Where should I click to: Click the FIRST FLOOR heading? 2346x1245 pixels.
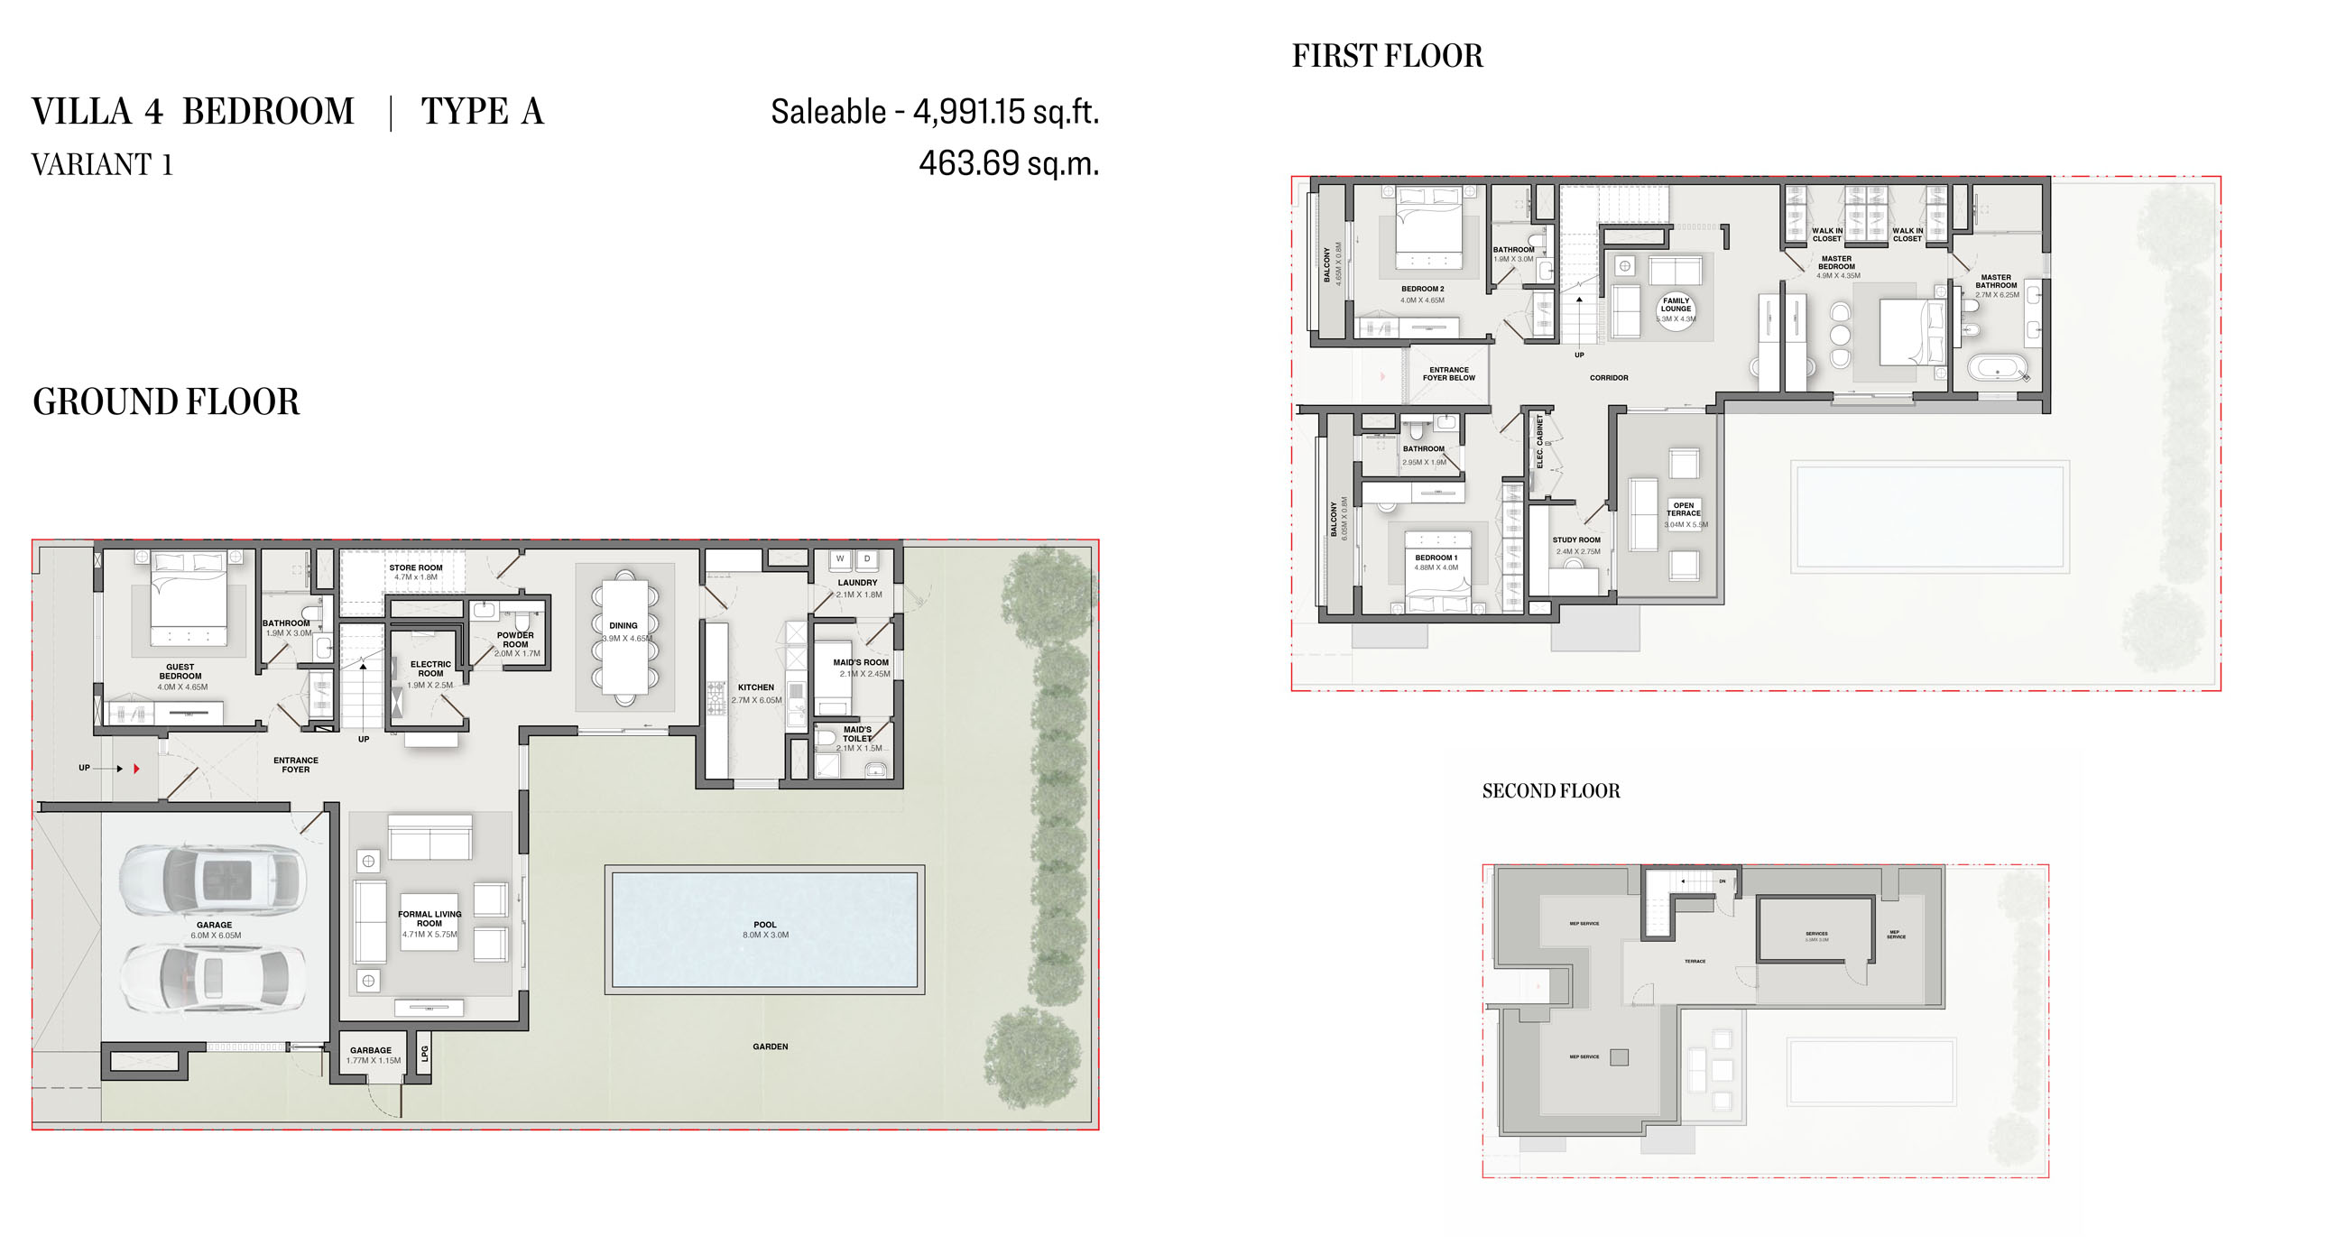pos(1387,57)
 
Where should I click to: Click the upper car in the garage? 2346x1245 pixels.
pos(212,880)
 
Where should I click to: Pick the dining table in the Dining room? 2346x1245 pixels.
pos(624,638)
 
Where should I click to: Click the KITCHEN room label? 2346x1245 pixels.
pos(756,688)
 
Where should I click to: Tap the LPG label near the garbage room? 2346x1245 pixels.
pos(424,1054)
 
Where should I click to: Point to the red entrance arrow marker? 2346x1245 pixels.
pos(136,769)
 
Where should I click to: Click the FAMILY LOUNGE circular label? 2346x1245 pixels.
pos(1676,309)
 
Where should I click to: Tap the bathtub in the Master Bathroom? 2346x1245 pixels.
pos(1998,370)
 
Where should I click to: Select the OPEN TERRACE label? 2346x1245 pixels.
pos(1683,510)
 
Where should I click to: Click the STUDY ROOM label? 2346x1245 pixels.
pos(1576,540)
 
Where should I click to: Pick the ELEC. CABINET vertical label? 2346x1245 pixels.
pos(1540,442)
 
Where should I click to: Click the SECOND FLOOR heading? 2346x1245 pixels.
pos(1551,791)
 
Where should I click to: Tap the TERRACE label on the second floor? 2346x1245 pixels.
pos(1695,961)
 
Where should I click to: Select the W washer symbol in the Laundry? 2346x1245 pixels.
pos(840,558)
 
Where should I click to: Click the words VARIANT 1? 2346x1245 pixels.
pos(102,165)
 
